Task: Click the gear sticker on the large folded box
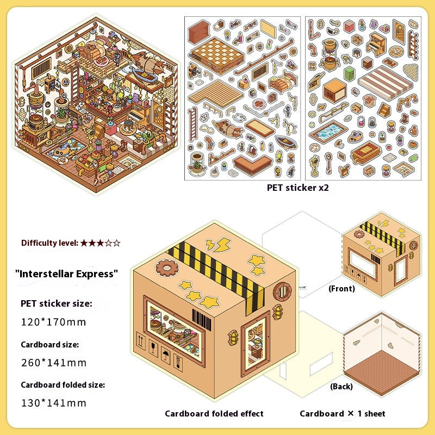(x=167, y=268)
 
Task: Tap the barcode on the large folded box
(x=202, y=320)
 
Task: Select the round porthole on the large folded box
(x=282, y=291)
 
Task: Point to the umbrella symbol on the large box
(x=166, y=355)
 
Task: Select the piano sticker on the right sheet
(x=376, y=45)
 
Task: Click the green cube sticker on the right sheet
(x=350, y=73)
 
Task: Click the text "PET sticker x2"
(x=297, y=188)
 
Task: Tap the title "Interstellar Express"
(x=66, y=274)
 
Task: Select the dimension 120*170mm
(x=53, y=322)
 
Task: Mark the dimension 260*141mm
(x=54, y=363)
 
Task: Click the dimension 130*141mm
(x=54, y=403)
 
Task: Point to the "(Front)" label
(x=341, y=289)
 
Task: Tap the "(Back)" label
(x=341, y=387)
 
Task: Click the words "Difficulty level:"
(x=50, y=243)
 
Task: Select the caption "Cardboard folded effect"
(x=214, y=414)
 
